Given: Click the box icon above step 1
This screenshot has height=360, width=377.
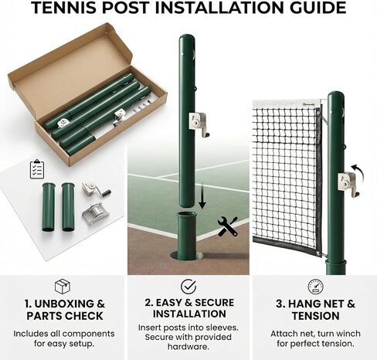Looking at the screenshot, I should tap(63, 287).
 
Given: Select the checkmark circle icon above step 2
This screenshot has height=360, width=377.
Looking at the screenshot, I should tap(188, 287).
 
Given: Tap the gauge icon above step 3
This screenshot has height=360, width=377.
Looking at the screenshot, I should tap(315, 287).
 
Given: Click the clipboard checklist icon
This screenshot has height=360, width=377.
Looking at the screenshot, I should tap(37, 168).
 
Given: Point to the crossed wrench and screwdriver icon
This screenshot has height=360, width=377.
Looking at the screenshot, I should tap(227, 226).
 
